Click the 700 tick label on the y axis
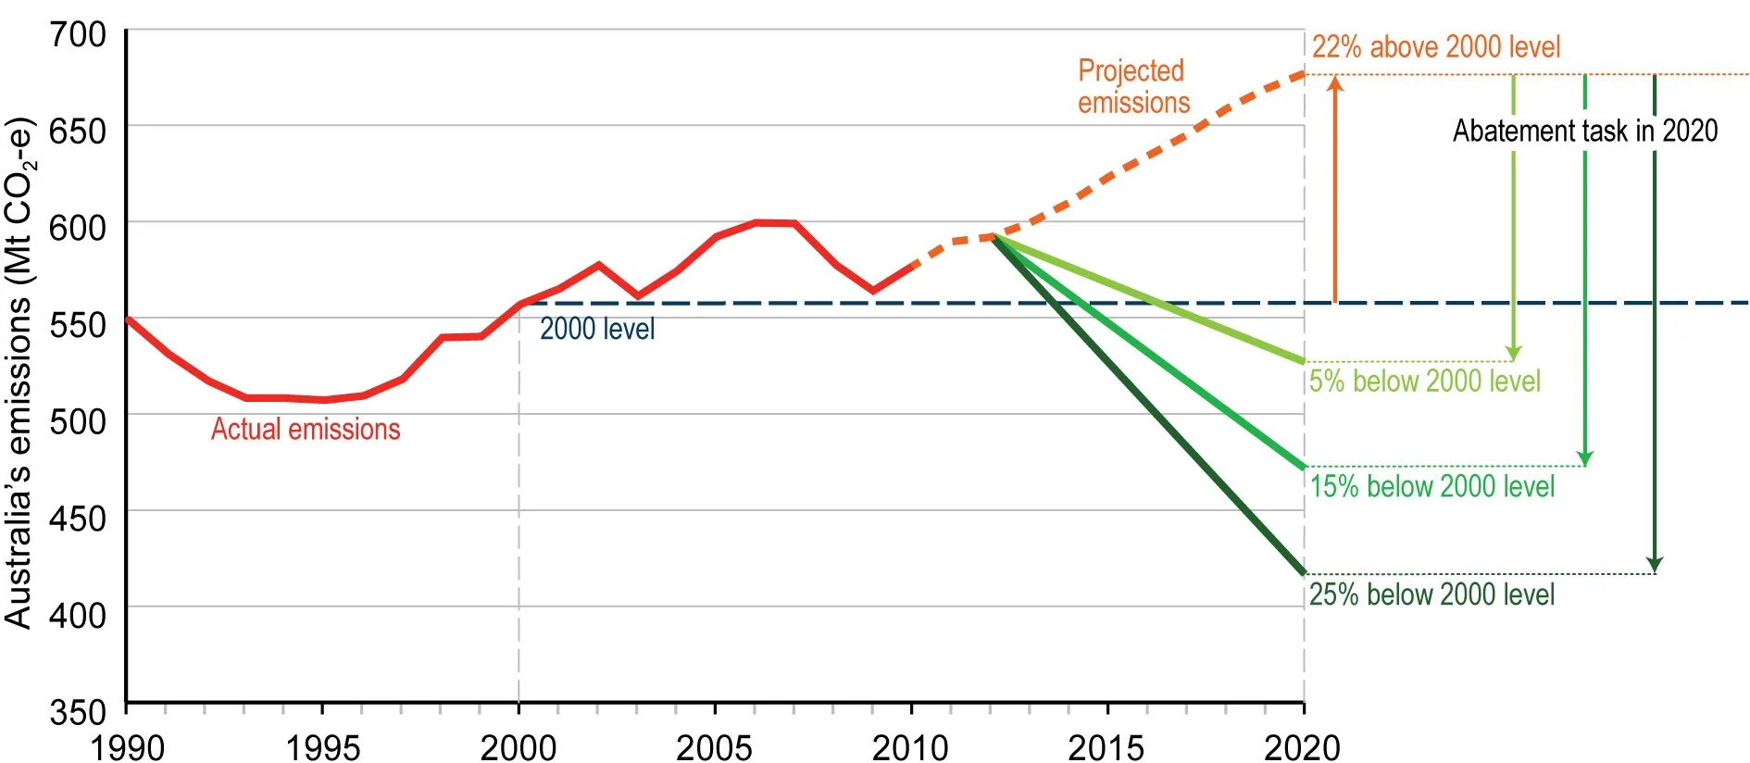click(78, 35)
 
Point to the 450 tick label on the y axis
click(78, 519)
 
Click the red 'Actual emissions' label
click(306, 430)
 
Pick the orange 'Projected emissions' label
click(1133, 87)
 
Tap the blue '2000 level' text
click(596, 329)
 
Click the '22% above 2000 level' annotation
click(1435, 46)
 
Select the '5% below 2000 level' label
click(1424, 381)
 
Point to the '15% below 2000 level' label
click(1431, 486)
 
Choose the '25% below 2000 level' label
click(1431, 594)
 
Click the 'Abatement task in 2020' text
click(1584, 131)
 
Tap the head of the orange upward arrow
click(1334, 83)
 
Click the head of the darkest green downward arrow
click(1655, 565)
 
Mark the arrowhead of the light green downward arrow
click(1513, 353)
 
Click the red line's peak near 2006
click(757, 222)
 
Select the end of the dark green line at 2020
click(1302, 572)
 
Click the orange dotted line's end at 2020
click(1302, 74)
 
